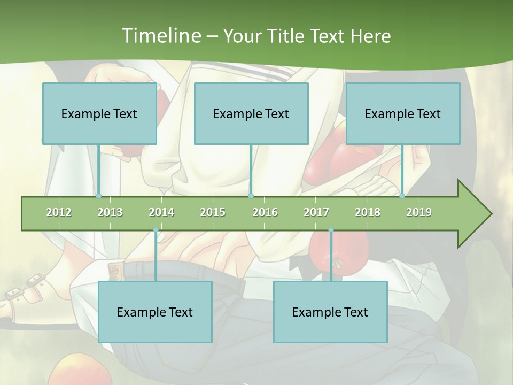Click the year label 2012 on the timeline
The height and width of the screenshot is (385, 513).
(59, 212)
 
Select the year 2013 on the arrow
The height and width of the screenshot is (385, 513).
(110, 212)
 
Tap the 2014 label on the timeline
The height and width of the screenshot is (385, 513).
(161, 212)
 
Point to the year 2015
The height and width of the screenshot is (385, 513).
(213, 212)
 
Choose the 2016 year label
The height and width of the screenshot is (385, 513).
(265, 212)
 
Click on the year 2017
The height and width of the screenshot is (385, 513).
(316, 212)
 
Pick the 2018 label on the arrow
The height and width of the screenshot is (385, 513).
(368, 212)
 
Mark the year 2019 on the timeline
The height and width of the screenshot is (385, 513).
(419, 212)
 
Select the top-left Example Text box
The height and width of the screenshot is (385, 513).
(99, 113)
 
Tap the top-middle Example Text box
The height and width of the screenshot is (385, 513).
(251, 113)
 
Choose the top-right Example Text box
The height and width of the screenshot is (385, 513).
(403, 113)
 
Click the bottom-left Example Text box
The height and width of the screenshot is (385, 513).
(155, 312)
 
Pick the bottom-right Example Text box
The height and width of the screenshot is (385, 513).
(330, 312)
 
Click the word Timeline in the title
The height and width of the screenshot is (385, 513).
(160, 36)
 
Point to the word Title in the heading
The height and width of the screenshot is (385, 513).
(287, 36)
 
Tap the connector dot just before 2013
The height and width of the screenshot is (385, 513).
(98, 196)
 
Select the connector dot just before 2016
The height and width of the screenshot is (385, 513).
(251, 196)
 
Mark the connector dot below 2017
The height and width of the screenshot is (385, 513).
(331, 230)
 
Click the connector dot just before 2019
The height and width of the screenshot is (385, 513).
(402, 196)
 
